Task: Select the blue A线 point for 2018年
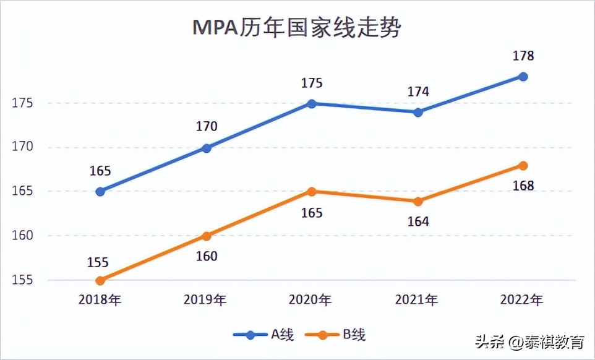coord(100,192)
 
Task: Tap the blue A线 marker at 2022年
coord(523,77)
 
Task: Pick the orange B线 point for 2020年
coord(312,192)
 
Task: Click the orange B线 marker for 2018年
coord(100,280)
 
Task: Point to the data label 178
coord(523,56)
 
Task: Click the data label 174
coord(417,92)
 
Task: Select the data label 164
coord(417,221)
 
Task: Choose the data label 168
coord(523,186)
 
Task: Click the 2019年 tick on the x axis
coord(205,301)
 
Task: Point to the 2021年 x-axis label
coord(416,301)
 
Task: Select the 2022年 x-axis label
coord(522,301)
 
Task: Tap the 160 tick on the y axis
coord(23,236)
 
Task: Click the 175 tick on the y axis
coord(23,103)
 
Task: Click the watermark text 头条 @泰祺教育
coord(529,341)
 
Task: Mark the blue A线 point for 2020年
coord(312,103)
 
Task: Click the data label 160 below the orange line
coord(207,255)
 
